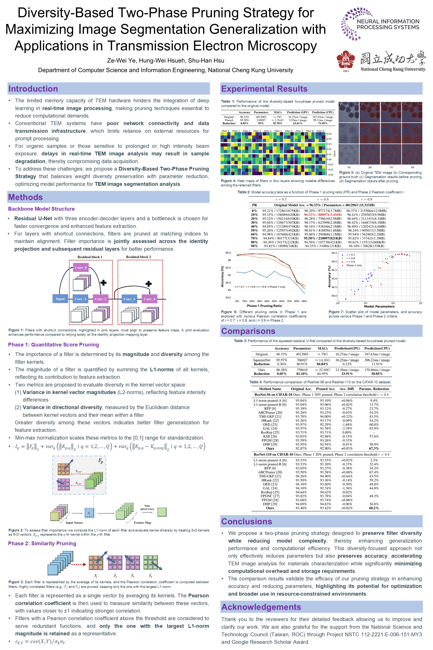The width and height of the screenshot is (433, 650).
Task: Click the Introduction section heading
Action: tap(33, 89)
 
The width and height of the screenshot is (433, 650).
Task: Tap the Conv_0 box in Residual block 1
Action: tap(81, 267)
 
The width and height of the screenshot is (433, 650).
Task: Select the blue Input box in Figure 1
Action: tap(60, 299)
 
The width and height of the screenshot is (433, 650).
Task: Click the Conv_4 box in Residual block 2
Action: tap(149, 299)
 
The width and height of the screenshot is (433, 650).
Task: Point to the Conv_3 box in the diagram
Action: tap(129, 299)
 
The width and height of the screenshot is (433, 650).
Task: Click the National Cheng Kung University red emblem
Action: tap(346, 60)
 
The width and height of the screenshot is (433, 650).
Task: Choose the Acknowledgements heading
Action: tap(261, 607)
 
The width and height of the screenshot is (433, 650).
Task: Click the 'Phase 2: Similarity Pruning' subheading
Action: tap(42, 543)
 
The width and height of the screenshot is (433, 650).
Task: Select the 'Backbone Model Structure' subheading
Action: tap(41, 209)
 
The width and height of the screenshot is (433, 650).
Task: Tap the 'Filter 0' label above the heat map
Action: tap(225, 131)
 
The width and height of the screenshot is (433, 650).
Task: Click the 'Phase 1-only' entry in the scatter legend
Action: tap(354, 265)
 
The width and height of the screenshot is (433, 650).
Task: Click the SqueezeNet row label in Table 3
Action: tap(262, 360)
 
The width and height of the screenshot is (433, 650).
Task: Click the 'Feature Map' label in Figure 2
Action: tap(143, 523)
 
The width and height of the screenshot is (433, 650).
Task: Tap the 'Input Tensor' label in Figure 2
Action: tap(74, 523)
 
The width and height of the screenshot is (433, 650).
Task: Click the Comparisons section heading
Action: tap(248, 331)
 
